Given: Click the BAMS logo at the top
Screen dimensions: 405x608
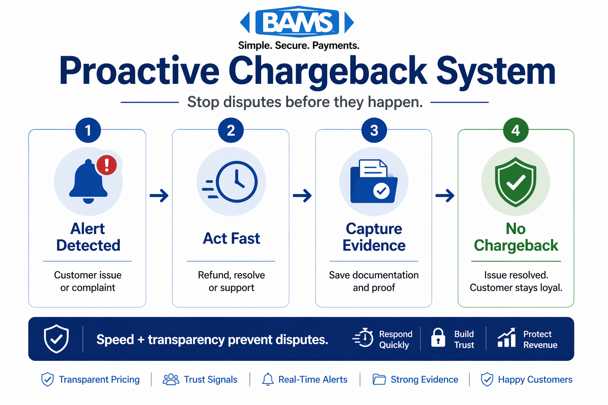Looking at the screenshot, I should (297, 22).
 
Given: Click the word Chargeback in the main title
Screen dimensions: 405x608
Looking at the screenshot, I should (327, 71).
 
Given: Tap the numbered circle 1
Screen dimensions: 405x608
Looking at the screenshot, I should (88, 131).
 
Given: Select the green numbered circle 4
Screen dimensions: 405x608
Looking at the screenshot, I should (515, 131).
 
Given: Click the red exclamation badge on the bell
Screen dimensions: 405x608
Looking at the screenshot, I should (106, 165).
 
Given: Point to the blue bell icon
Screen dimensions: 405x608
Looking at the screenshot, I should (88, 182).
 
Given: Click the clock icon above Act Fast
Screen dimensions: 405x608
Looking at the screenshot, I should (236, 182).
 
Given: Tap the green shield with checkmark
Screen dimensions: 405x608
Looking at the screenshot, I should (515, 182).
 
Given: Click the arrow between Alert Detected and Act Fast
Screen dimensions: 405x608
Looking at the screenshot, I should (159, 195).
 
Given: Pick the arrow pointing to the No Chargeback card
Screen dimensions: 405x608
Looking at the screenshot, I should (445, 195).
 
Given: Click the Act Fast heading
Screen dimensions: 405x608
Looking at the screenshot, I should (231, 238).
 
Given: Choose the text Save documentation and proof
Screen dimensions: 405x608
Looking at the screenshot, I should (374, 281).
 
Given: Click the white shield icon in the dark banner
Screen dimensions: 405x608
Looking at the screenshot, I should (56, 339).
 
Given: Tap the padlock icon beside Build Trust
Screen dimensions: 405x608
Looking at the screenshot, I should (438, 338).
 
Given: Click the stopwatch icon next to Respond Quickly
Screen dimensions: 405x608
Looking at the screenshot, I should (364, 338).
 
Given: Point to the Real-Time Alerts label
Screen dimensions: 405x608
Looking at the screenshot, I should (313, 380).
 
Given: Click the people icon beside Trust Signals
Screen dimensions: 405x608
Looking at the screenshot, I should (171, 380).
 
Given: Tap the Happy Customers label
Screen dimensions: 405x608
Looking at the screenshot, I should (535, 380).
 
